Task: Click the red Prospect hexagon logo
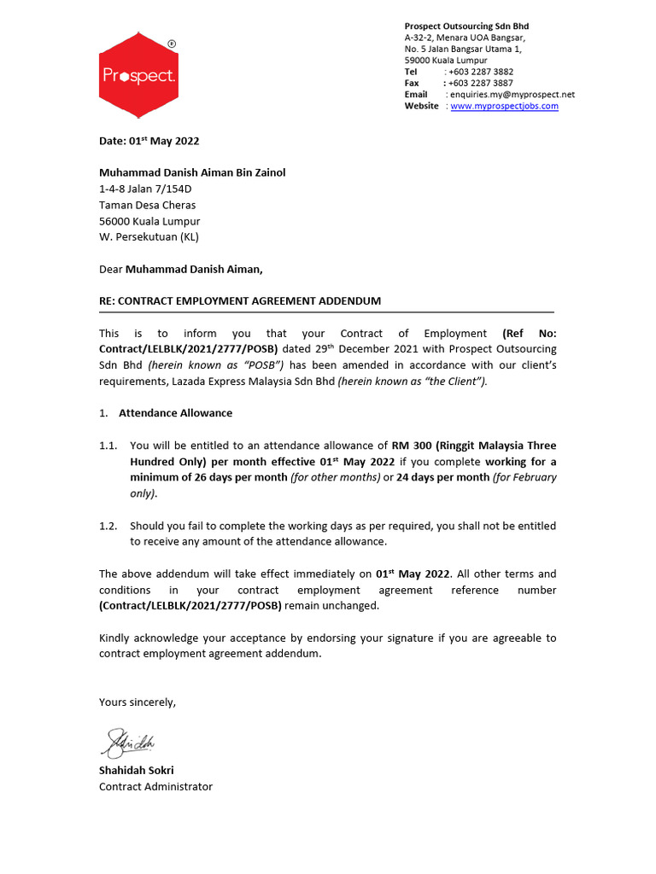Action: [x=138, y=75]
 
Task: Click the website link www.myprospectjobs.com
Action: [x=504, y=106]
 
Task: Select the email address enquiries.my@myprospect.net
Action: [x=512, y=95]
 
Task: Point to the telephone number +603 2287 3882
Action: [x=481, y=72]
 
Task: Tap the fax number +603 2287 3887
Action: [x=481, y=83]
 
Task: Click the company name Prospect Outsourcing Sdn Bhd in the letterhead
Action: [x=466, y=26]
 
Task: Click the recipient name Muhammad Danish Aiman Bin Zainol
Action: [x=192, y=172]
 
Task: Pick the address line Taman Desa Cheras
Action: [x=147, y=205]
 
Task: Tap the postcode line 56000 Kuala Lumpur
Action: [x=149, y=221]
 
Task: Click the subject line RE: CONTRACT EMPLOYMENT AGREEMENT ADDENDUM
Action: [x=240, y=301]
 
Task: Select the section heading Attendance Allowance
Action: [x=175, y=413]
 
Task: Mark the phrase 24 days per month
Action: [x=443, y=477]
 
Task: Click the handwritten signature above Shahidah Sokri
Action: [x=129, y=743]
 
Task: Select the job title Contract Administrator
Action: [x=155, y=786]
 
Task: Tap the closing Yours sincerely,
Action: [x=138, y=702]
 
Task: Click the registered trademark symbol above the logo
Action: [x=172, y=43]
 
